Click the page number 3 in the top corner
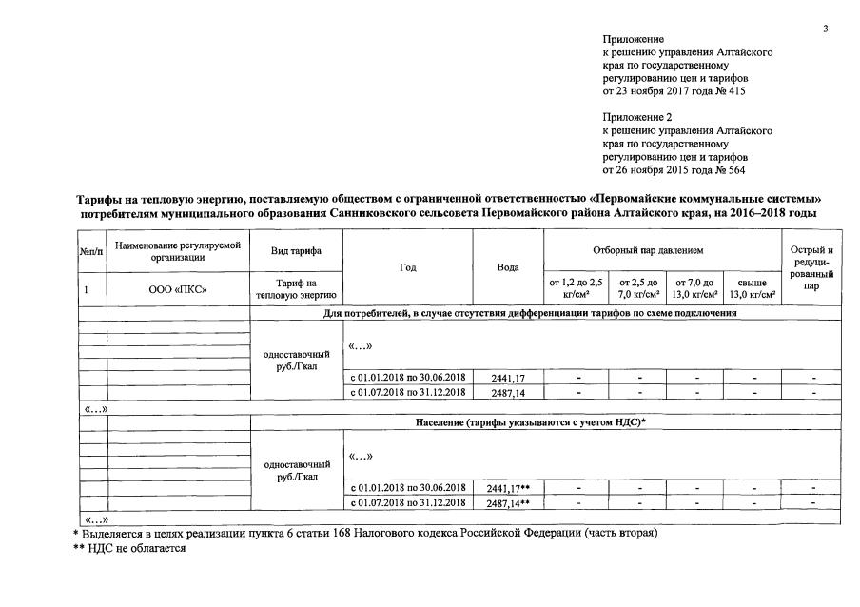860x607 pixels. tap(826, 28)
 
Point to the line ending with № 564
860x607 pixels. tap(675, 170)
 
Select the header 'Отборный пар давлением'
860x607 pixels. tap(660, 249)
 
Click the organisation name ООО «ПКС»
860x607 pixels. tap(178, 288)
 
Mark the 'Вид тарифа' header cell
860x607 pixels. tap(295, 249)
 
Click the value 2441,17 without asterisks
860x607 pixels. tap(506, 378)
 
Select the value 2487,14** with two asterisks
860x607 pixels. tap(508, 502)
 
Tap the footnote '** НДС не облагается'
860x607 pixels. tap(129, 548)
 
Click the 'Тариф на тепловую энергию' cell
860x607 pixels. tap(295, 287)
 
